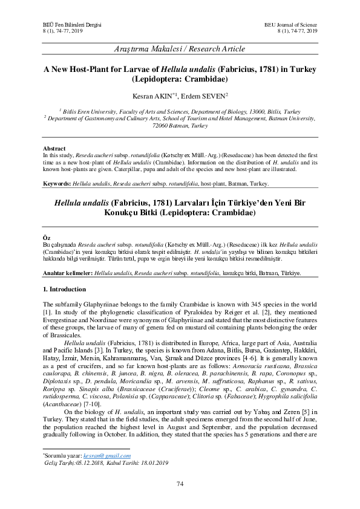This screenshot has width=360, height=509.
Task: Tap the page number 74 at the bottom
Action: (x=180, y=483)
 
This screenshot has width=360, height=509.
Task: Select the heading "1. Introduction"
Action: (x=65, y=290)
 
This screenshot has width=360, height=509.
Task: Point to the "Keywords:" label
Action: (x=58, y=184)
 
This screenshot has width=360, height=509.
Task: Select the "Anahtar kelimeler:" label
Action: (x=67, y=273)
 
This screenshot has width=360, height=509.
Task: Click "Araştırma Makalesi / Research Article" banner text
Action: (x=180, y=48)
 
